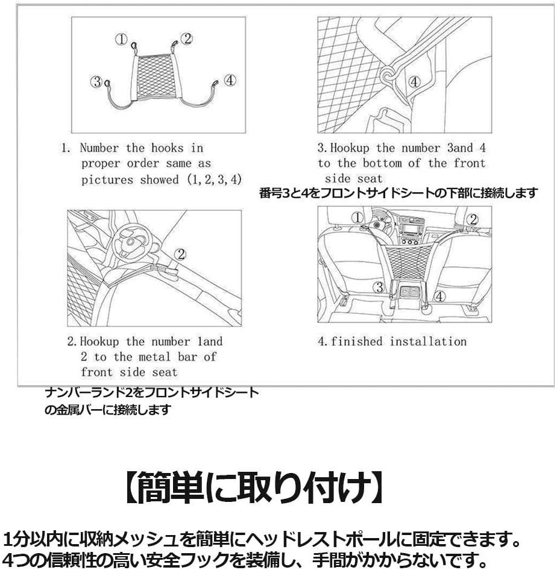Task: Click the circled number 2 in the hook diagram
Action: (187, 39)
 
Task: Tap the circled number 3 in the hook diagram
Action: (96, 83)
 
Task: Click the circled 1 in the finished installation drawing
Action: (357, 218)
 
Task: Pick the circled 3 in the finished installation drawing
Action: (379, 287)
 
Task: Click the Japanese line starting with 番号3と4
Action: (398, 193)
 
